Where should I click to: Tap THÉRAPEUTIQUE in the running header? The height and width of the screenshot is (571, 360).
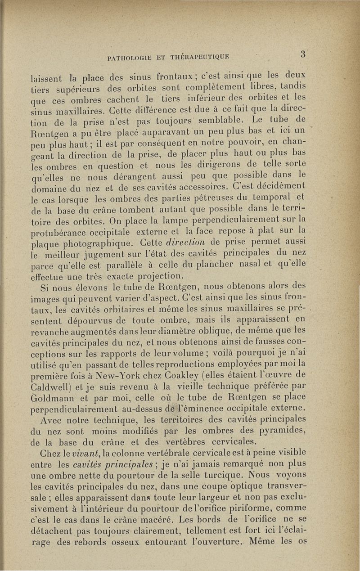coord(202,57)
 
